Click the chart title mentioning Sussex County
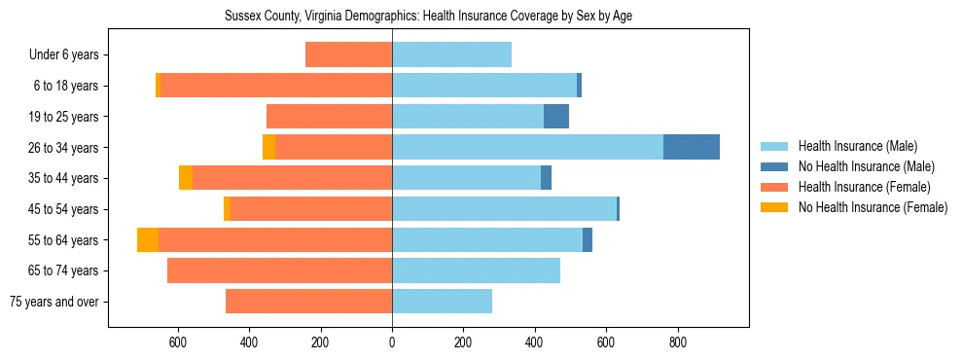pos(429,17)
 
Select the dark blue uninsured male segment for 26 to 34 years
pos(691,147)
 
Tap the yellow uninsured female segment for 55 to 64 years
pos(148,239)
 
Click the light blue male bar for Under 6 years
pos(451,54)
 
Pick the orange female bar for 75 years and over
pos(308,302)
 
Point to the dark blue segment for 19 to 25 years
pos(555,117)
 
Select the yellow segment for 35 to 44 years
pos(186,178)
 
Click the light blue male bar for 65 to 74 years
pos(476,270)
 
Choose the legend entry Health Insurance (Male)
pos(856,146)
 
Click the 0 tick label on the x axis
pos(392,342)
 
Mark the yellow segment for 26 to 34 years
pos(268,147)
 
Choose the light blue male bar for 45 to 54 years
pos(504,209)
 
